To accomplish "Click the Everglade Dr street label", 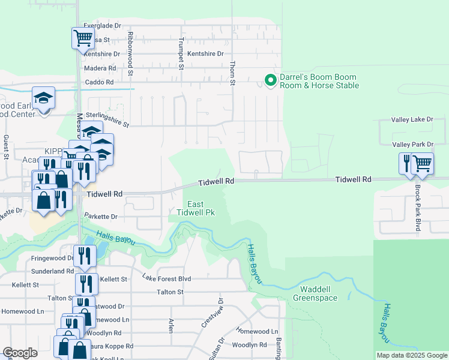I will tap(102, 26).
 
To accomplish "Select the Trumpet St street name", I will tap(180, 53).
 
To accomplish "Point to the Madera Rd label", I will tap(100, 68).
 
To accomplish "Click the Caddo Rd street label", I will tap(100, 82).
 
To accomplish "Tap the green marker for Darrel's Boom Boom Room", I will tap(270, 79).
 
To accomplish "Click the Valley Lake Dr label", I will tap(412, 120).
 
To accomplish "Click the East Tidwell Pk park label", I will tap(196, 208).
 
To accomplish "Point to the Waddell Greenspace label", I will tap(316, 293).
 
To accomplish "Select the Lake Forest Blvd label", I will tap(166, 278).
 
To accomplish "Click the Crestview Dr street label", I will tap(212, 313).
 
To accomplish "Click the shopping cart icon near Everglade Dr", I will tap(83, 38).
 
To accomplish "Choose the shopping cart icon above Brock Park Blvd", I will tap(422, 163).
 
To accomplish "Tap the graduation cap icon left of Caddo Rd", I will tap(43, 97).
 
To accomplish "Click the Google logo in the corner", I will tap(20, 352).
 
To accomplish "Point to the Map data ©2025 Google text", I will tap(411, 355).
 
